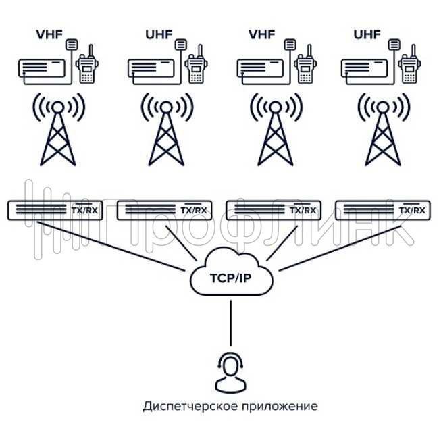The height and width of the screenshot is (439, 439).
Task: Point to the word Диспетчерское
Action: pyautogui.click(x=184, y=407)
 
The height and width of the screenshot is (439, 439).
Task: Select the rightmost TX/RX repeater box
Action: pyautogui.click(x=382, y=210)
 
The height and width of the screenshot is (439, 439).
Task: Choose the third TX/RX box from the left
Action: pyautogui.click(x=273, y=210)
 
